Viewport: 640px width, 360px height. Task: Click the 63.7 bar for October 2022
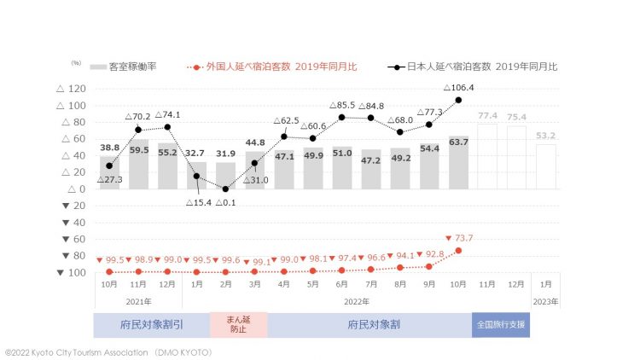point(458,162)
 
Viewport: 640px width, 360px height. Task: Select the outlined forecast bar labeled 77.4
point(487,156)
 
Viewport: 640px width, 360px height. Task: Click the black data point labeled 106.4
point(458,100)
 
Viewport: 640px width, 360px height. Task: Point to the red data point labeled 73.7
point(458,251)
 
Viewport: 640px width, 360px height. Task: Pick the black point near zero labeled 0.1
point(225,189)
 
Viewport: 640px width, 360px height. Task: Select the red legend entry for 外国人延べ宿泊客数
point(277,66)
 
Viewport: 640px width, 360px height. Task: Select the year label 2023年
point(545,301)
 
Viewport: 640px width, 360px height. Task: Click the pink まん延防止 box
point(240,325)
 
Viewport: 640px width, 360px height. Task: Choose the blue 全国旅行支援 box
point(501,325)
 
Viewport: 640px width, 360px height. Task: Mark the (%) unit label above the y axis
point(75,63)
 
